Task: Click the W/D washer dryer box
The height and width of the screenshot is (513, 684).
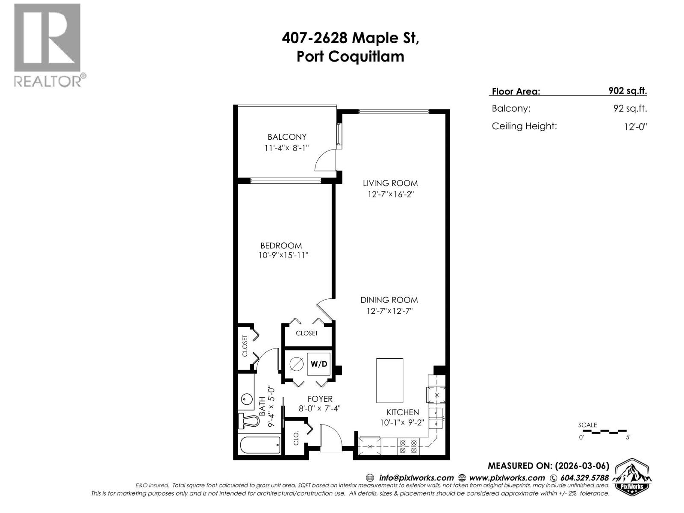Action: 318,364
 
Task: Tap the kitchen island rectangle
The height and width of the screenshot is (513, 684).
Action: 389,380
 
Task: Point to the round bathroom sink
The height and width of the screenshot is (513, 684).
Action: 246,400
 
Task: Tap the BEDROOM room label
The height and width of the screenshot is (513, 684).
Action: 281,245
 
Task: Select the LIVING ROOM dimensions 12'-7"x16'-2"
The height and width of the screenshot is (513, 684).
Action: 391,194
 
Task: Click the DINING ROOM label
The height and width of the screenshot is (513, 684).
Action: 389,300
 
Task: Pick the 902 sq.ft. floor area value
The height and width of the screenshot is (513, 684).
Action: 627,91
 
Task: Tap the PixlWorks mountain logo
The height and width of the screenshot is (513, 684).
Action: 632,477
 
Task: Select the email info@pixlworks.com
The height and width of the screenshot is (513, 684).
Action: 416,478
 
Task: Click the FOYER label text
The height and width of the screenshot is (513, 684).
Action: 320,399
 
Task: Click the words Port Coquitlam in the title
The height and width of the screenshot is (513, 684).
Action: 350,56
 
